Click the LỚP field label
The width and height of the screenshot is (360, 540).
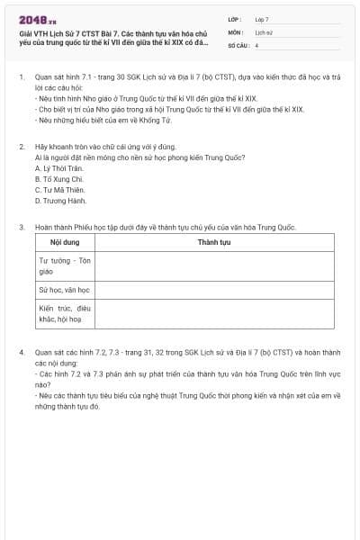[235, 19]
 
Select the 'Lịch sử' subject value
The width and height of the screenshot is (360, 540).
[264, 31]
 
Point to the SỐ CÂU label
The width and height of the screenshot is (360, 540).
[238, 44]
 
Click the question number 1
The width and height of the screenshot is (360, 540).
[21, 77]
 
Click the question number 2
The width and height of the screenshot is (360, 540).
[21, 146]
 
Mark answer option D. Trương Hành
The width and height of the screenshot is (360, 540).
[59, 201]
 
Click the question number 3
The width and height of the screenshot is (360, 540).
[21, 228]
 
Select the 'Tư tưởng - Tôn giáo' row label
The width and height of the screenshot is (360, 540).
[65, 265]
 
